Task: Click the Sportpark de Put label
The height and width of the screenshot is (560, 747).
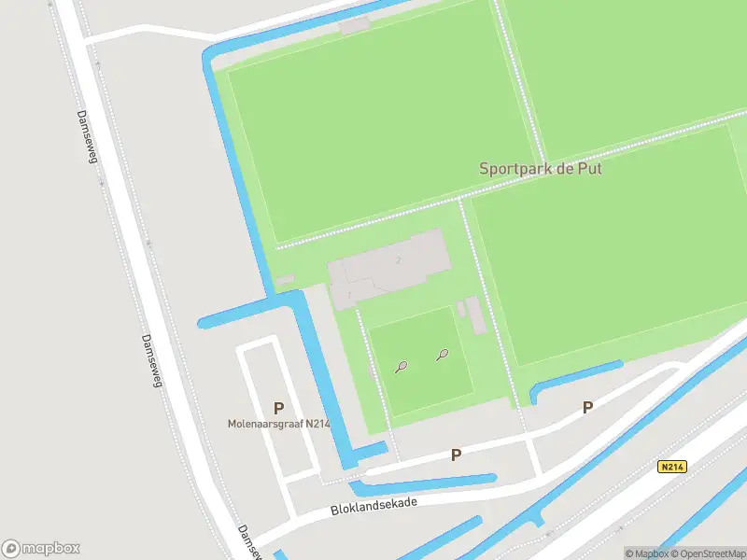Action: pyautogui.click(x=540, y=169)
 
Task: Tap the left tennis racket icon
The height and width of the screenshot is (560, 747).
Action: pyautogui.click(x=401, y=367)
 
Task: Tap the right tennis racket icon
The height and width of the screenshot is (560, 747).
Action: pyautogui.click(x=443, y=355)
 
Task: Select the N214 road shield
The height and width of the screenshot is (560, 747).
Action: pyautogui.click(x=670, y=467)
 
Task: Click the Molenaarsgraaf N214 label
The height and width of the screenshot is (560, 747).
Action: pyautogui.click(x=279, y=424)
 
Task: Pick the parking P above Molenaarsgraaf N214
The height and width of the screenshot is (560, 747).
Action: pyautogui.click(x=278, y=408)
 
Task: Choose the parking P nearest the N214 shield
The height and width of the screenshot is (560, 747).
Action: pyautogui.click(x=587, y=407)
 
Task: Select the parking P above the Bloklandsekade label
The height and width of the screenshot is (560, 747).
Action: pyautogui.click(x=456, y=455)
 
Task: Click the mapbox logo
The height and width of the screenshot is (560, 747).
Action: pyautogui.click(x=41, y=548)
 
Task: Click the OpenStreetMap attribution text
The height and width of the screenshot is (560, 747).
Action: pyautogui.click(x=706, y=553)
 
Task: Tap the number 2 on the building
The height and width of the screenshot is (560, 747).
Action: pyautogui.click(x=399, y=259)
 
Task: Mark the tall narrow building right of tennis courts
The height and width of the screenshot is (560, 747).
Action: pyautogui.click(x=477, y=315)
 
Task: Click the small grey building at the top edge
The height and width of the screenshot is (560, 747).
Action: pyautogui.click(x=354, y=25)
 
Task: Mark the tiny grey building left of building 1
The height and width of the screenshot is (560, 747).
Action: pyautogui.click(x=284, y=280)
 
